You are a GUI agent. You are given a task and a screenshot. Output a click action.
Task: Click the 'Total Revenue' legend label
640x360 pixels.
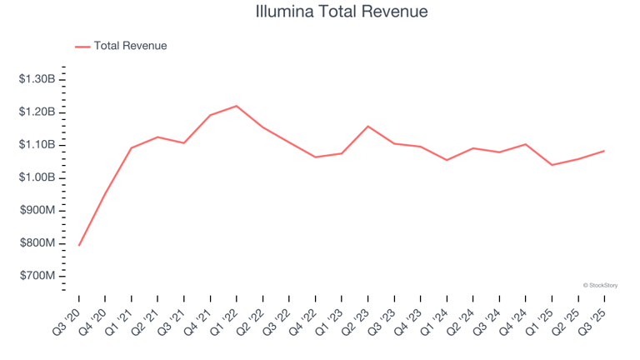[x=130, y=46]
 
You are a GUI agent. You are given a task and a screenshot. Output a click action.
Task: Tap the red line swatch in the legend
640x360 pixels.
[x=82, y=47]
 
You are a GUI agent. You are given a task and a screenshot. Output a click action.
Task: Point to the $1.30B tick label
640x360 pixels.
[x=37, y=79]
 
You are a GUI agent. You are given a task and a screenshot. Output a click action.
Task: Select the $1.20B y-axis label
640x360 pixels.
[x=37, y=112]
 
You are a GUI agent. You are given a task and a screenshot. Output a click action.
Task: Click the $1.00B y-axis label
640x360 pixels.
[x=37, y=177]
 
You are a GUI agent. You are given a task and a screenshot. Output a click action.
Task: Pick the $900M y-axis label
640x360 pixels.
[x=38, y=210]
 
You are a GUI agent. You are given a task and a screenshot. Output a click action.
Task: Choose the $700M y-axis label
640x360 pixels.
[x=38, y=276]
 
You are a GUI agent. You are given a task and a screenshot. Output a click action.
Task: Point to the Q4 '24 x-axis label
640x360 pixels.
[x=513, y=318]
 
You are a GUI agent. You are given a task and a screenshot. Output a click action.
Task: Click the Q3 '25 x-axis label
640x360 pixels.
[x=592, y=318]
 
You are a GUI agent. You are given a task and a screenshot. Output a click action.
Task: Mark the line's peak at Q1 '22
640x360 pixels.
[x=237, y=106]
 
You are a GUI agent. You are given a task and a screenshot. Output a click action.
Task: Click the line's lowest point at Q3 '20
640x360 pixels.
[x=79, y=245]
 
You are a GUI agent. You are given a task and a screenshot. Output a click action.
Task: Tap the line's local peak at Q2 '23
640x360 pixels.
[x=368, y=127]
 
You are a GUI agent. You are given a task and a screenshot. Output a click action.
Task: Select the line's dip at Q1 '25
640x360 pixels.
[x=552, y=165]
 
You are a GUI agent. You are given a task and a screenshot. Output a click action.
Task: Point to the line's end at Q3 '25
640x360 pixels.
[x=604, y=151]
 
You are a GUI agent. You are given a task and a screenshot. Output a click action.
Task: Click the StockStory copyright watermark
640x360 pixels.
[x=600, y=285]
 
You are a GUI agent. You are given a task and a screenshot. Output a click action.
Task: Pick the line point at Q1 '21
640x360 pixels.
[x=132, y=148]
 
